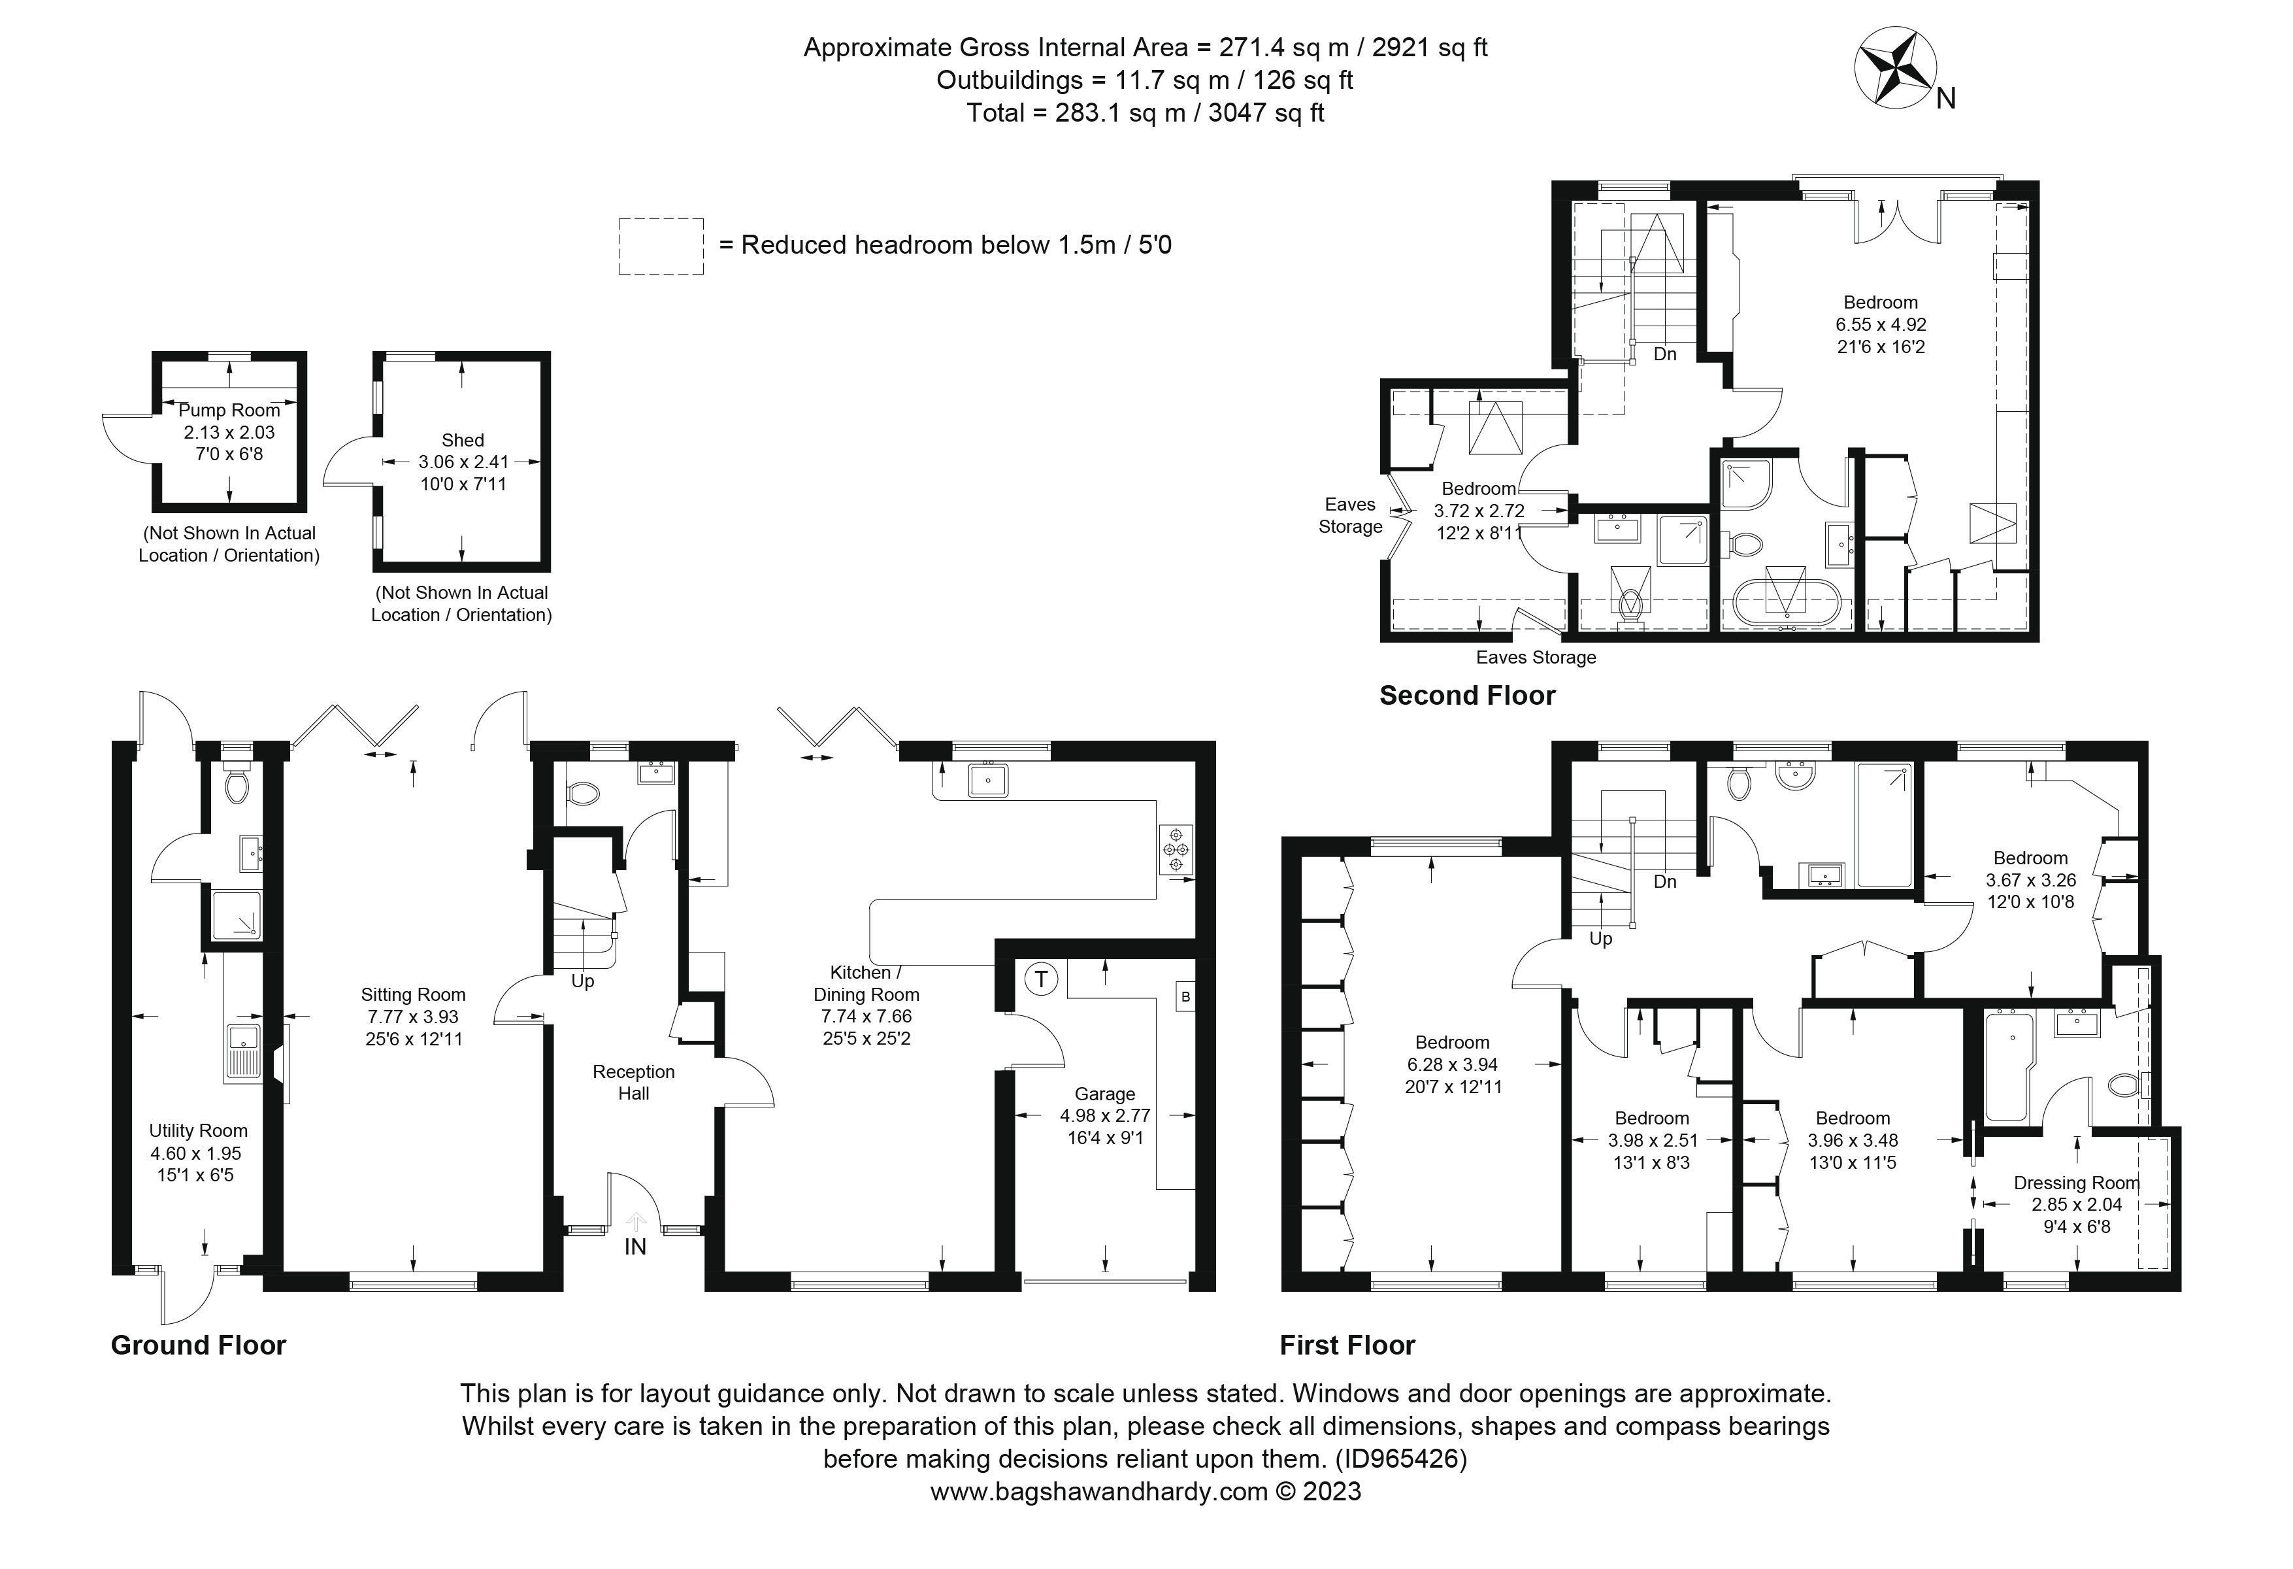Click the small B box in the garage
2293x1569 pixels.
[1185, 997]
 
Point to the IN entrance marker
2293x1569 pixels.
[635, 1246]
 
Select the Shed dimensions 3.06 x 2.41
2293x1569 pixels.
[463, 462]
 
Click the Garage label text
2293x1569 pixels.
[1105, 1093]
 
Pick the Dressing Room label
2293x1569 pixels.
[2076, 1182]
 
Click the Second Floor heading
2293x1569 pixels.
[1467, 696]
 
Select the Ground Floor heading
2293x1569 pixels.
[198, 1345]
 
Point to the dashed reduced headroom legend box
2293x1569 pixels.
[661, 246]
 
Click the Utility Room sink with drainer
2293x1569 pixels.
[242, 1052]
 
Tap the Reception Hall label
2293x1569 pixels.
[633, 1081]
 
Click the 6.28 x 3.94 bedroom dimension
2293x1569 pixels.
[1453, 1065]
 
